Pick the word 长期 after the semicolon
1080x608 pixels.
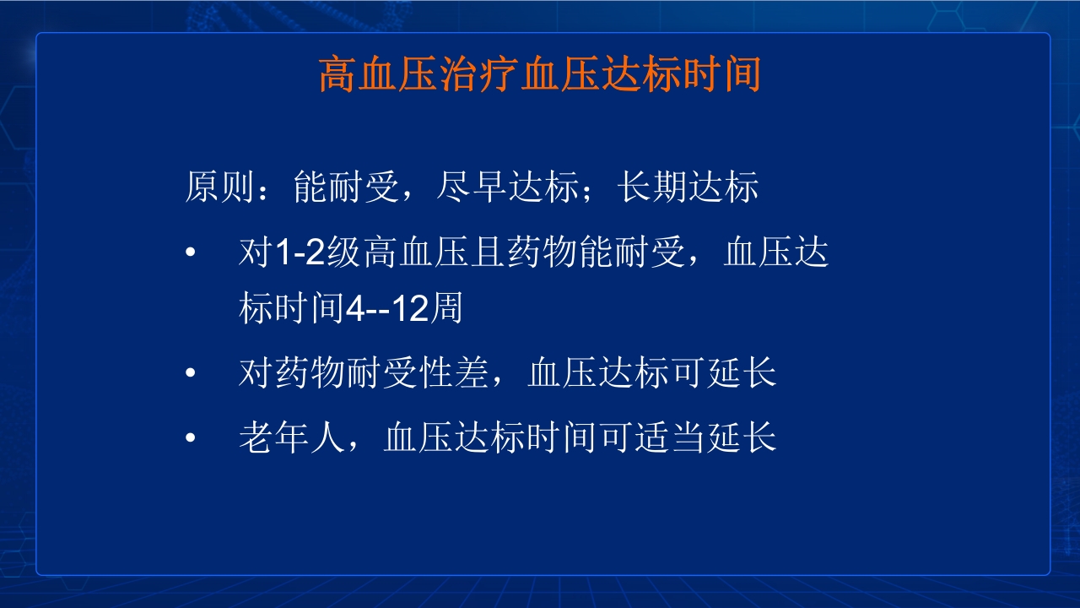651,187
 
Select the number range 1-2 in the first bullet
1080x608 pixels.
301,252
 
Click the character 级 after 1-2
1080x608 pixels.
345,252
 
